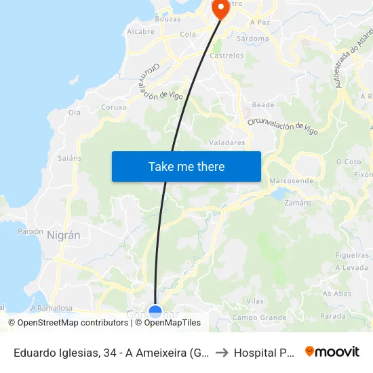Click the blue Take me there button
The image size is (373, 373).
click(x=186, y=166)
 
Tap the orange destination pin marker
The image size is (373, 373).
click(x=221, y=8)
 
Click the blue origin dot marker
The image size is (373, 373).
click(x=155, y=312)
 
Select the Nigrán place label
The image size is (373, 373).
click(x=64, y=235)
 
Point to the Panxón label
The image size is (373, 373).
click(x=30, y=231)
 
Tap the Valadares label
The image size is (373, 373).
click(x=227, y=142)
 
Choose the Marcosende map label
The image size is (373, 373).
click(x=291, y=181)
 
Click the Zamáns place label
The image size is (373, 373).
click(x=298, y=203)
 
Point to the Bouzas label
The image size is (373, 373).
click(x=168, y=19)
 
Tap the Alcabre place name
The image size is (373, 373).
click(x=140, y=31)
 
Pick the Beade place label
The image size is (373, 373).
click(x=263, y=105)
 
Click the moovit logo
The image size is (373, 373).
click(x=332, y=351)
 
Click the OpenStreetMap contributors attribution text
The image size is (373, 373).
click(x=68, y=323)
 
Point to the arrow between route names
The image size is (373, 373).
click(x=223, y=353)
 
